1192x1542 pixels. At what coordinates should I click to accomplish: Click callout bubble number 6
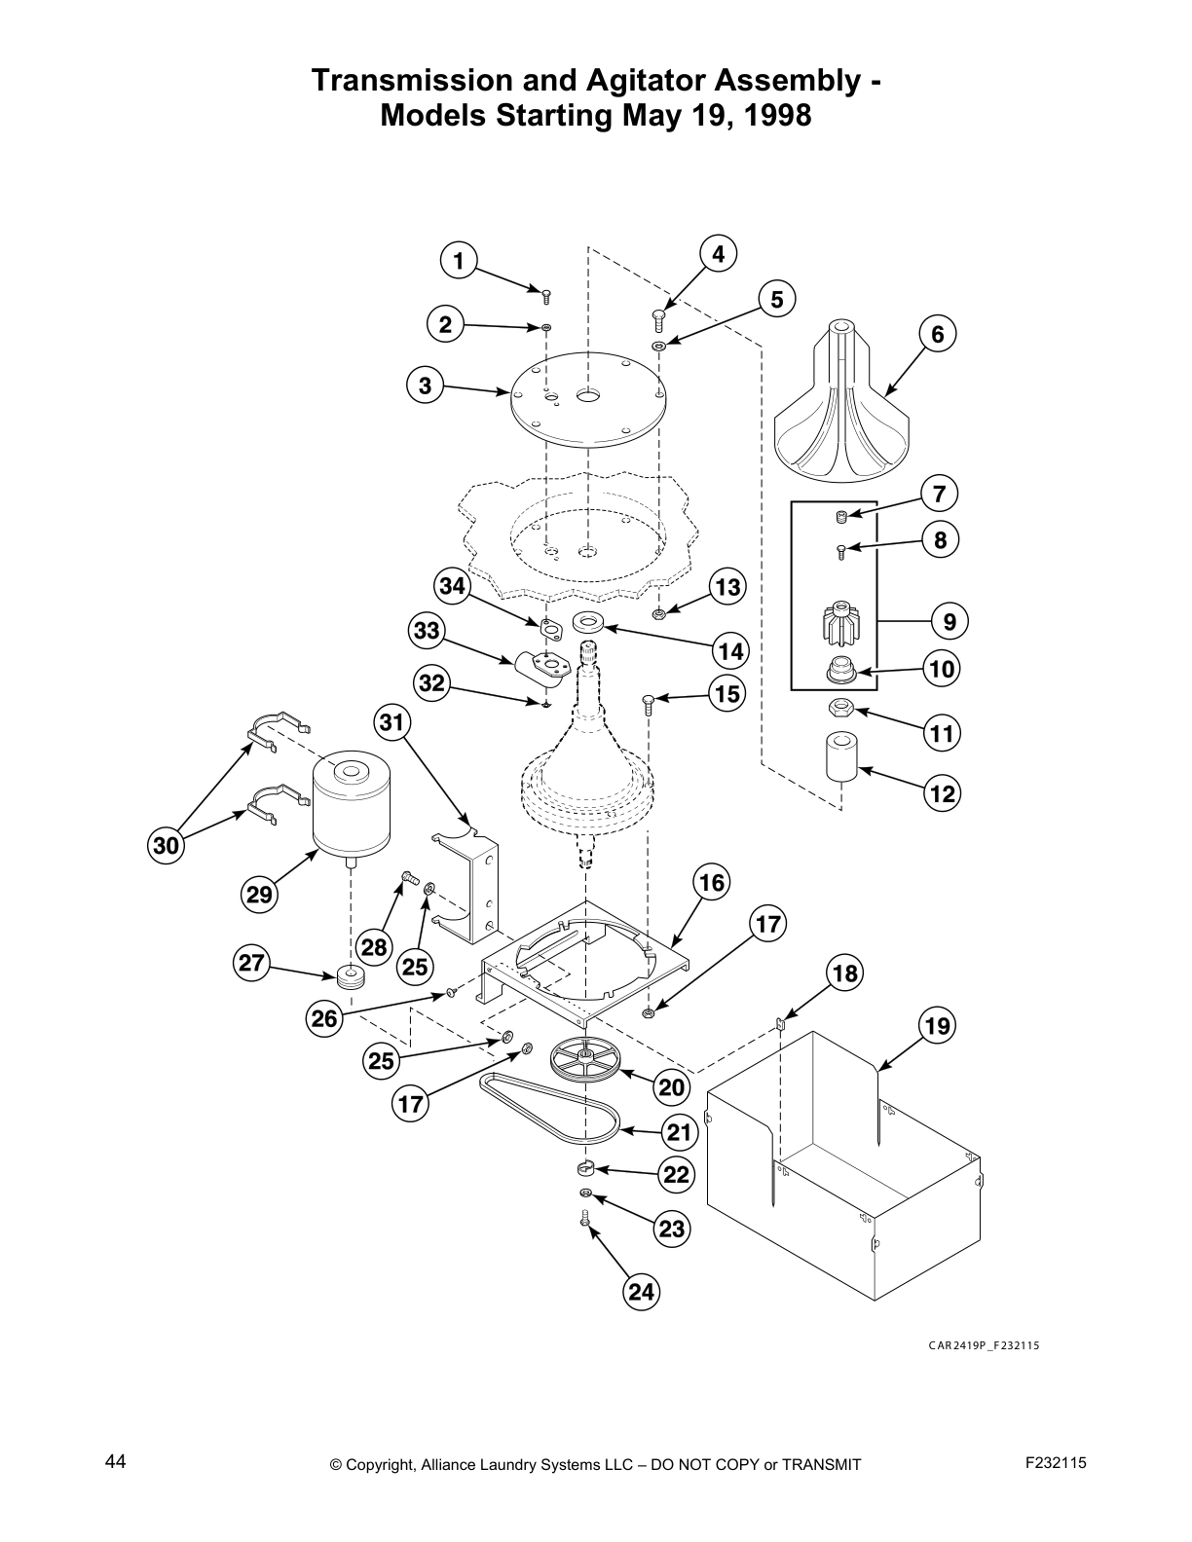938,335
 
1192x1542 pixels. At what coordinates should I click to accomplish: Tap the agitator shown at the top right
843,409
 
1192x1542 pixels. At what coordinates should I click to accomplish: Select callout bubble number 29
259,894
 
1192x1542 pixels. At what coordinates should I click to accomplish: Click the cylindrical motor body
351,808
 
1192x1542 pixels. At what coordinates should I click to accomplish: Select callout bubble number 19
937,1025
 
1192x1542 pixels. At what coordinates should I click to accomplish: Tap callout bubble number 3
425,385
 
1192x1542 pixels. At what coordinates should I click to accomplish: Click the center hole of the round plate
588,395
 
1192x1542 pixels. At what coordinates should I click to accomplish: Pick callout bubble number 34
452,586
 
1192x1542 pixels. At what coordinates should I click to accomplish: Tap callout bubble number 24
641,1292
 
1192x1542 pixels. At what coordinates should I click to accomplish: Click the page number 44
115,1461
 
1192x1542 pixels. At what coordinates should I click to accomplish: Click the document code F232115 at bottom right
1055,1462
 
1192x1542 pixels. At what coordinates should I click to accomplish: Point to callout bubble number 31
391,722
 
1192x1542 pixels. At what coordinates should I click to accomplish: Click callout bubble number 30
167,846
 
